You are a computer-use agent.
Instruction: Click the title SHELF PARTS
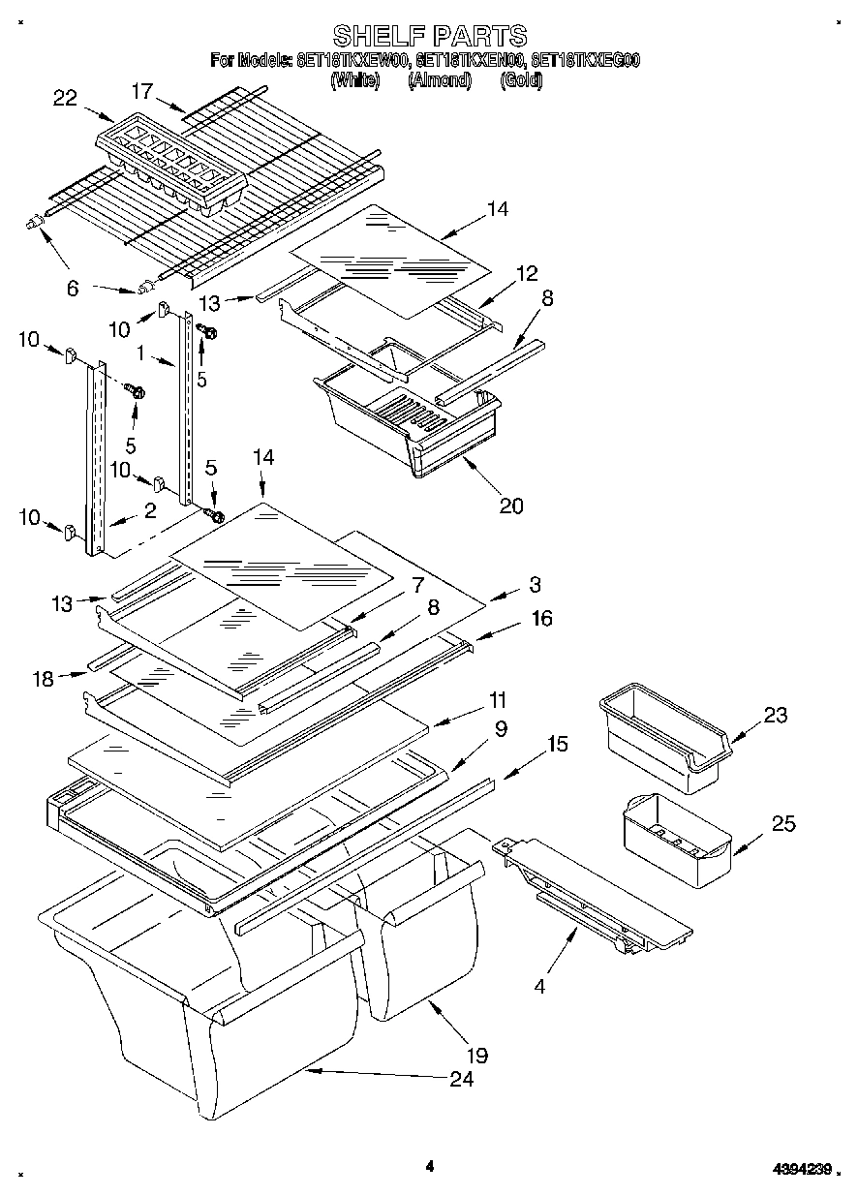click(x=429, y=36)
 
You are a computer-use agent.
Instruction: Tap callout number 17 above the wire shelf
click(x=142, y=91)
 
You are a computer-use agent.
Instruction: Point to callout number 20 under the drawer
click(x=510, y=505)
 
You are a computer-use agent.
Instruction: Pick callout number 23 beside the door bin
click(x=775, y=716)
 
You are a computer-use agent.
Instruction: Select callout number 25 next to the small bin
click(x=783, y=823)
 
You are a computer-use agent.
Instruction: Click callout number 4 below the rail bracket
click(x=539, y=988)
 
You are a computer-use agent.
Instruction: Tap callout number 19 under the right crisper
click(x=476, y=1056)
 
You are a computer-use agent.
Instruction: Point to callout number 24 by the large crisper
click(x=462, y=1079)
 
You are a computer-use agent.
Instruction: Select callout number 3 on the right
click(x=535, y=584)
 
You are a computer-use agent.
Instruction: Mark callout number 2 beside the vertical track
click(x=150, y=511)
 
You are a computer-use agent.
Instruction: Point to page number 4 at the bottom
click(x=429, y=1166)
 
